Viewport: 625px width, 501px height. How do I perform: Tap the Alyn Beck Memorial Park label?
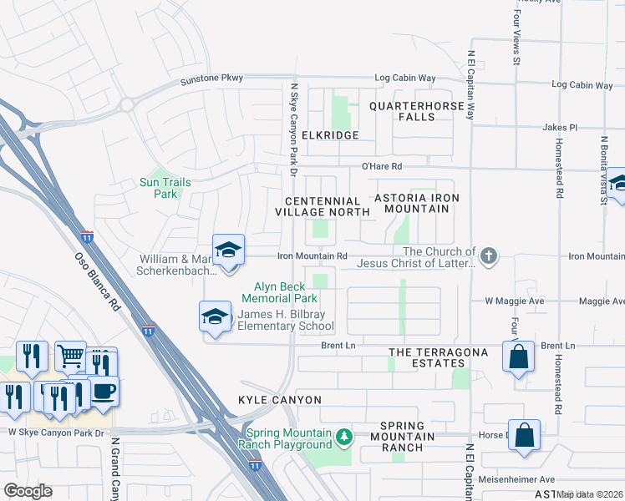280,292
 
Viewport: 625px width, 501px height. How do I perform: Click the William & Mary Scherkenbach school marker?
228,250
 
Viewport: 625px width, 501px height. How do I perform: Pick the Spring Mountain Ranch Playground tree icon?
343,437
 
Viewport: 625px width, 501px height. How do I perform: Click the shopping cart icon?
71,357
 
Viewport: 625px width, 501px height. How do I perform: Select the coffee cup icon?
103,391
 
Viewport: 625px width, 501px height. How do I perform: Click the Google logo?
28,490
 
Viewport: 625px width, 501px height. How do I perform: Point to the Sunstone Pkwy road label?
212,78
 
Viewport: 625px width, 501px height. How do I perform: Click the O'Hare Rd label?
382,166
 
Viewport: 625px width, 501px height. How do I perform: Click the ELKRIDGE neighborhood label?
330,135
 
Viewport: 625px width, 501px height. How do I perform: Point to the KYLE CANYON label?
280,400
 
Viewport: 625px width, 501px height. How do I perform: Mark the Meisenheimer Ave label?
523,480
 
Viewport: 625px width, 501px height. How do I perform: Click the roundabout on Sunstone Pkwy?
125,104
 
